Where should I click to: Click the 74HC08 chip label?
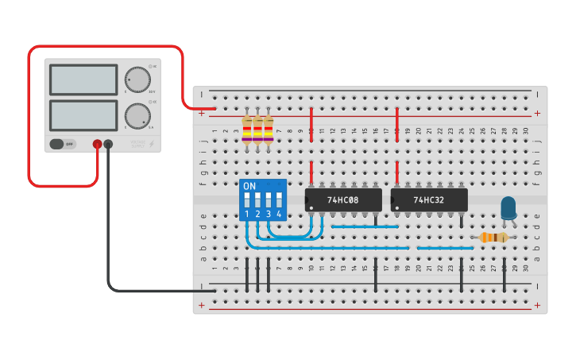click(343, 201)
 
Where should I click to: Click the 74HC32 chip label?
click(429, 201)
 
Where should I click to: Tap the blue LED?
click(508, 208)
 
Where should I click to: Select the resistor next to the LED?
click(494, 237)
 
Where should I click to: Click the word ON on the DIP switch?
click(249, 186)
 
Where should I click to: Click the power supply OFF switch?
click(58, 144)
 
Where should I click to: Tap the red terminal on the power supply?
click(97, 144)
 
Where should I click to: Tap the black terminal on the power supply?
click(109, 144)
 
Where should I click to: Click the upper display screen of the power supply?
click(83, 79)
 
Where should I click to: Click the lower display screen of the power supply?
click(83, 115)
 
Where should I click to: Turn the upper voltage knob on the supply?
click(137, 80)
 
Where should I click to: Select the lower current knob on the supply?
click(137, 116)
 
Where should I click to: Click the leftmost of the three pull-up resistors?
click(247, 130)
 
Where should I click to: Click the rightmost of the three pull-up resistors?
click(269, 130)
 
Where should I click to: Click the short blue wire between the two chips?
click(365, 226)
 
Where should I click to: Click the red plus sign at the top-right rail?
click(537, 113)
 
